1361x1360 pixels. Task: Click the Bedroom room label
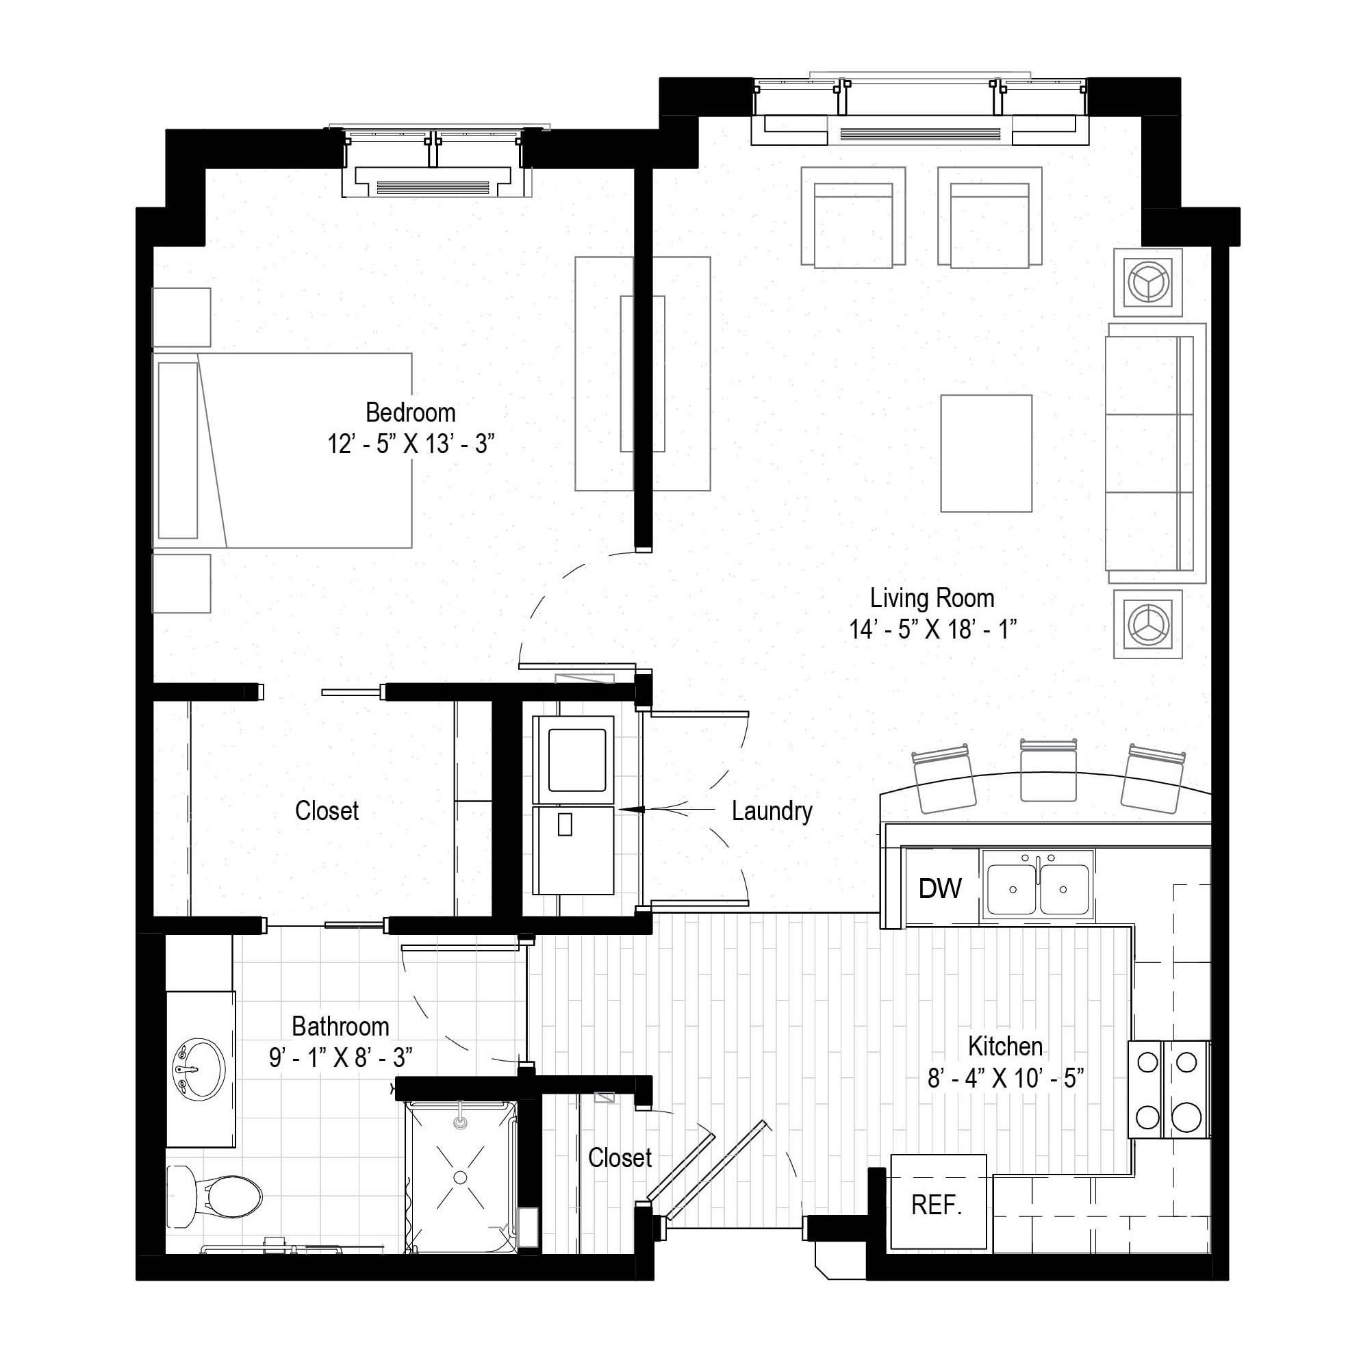point(410,413)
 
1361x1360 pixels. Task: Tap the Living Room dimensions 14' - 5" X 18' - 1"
point(932,629)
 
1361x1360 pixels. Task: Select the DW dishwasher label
point(940,889)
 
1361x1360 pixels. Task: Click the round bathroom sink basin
point(199,1068)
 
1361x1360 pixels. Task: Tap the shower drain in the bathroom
point(460,1177)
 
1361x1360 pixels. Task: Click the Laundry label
point(772,811)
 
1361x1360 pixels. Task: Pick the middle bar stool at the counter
point(1048,770)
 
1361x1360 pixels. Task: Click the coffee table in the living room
point(987,453)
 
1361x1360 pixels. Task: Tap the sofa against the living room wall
point(1156,453)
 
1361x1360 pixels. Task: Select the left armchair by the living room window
point(853,217)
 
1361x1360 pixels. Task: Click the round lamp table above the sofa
point(1148,283)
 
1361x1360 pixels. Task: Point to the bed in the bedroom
point(283,451)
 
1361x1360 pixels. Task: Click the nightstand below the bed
point(181,583)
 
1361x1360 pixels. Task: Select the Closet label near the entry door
point(620,1158)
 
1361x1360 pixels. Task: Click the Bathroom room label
point(340,1026)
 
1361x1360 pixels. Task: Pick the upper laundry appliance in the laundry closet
point(574,759)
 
